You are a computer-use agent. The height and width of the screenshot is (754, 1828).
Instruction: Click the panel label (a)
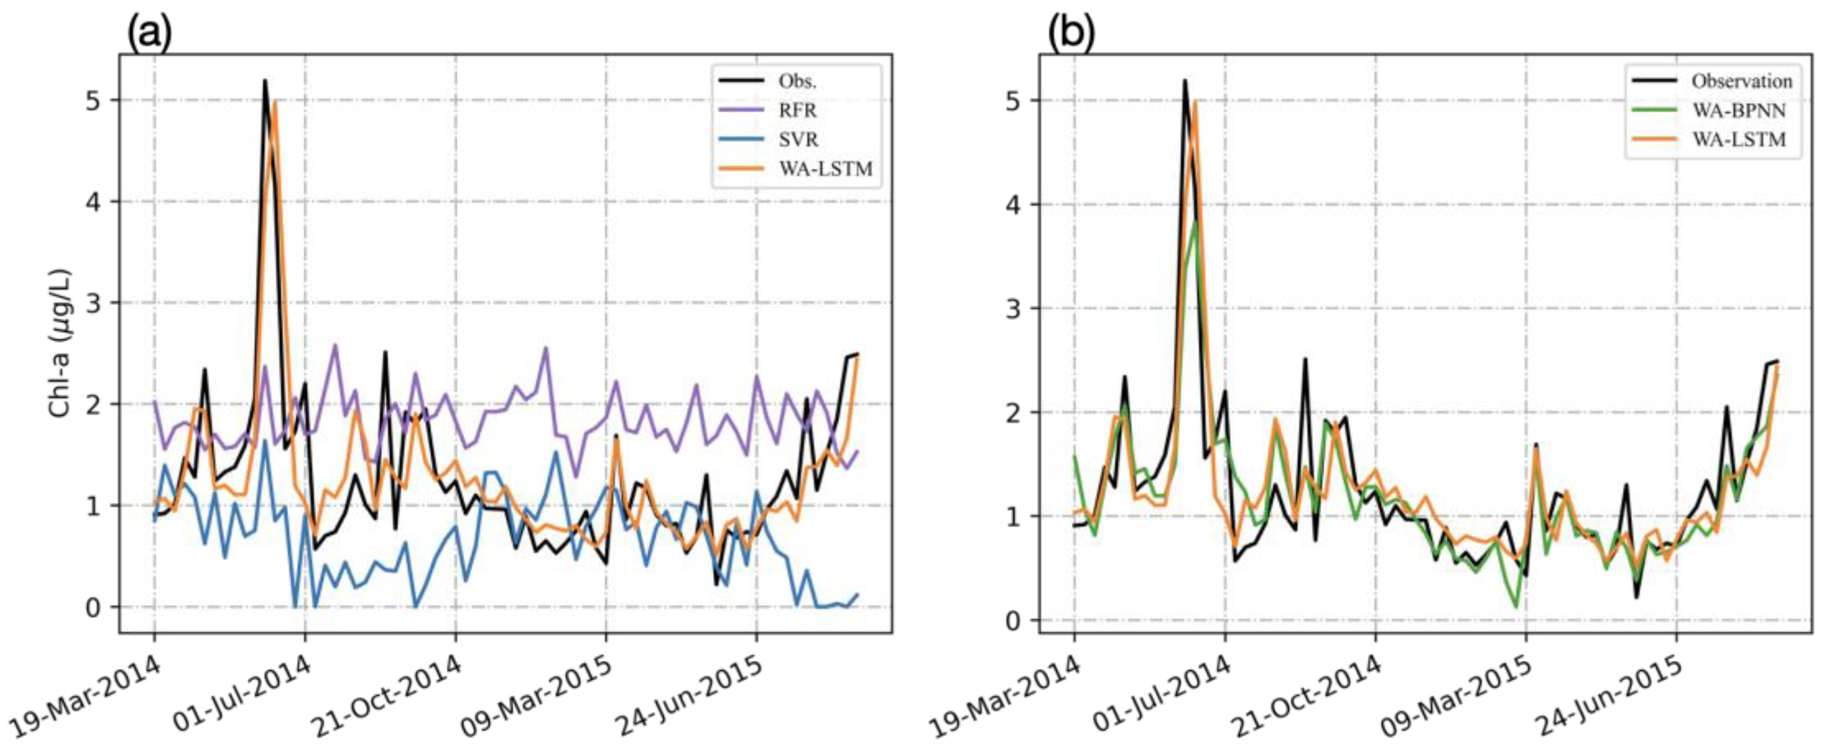pyautogui.click(x=150, y=32)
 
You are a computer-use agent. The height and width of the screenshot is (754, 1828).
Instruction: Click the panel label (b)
pyautogui.click(x=1071, y=32)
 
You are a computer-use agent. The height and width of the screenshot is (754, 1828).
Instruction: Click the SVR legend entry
pyautogui.click(x=798, y=140)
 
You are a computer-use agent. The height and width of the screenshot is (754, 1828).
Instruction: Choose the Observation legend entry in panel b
pyautogui.click(x=1741, y=82)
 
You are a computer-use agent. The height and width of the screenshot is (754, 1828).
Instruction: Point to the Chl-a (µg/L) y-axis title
pyautogui.click(x=60, y=343)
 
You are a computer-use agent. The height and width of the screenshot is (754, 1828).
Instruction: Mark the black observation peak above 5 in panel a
pyautogui.click(x=265, y=81)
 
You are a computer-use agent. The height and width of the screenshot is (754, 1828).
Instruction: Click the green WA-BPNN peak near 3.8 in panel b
pyautogui.click(x=1196, y=221)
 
